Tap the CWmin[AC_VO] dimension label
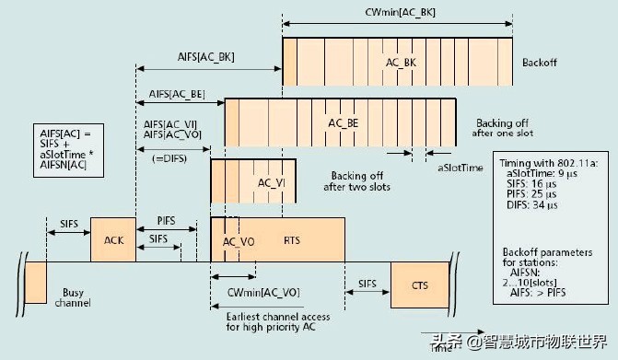coord(261,292)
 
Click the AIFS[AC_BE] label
coord(177,95)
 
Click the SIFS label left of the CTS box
coord(367,282)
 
